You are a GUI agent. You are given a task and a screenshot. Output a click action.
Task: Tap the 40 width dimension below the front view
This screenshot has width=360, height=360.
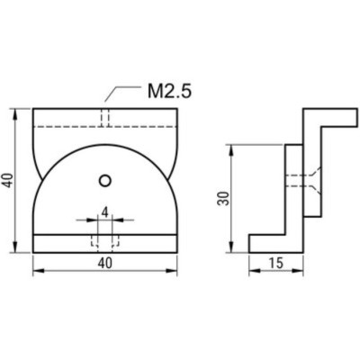105,264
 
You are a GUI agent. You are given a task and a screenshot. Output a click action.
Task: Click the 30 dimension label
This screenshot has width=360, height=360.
223,198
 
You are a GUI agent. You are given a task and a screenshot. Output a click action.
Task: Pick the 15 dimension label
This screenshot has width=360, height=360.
274,264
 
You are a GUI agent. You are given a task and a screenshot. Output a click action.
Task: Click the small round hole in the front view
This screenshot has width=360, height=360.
105,180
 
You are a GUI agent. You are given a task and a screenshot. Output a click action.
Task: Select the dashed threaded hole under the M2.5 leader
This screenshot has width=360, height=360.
105,119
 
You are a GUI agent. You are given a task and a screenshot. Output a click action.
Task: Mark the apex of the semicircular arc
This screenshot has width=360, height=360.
105,142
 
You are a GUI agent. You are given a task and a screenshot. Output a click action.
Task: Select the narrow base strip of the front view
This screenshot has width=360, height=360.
105,243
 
